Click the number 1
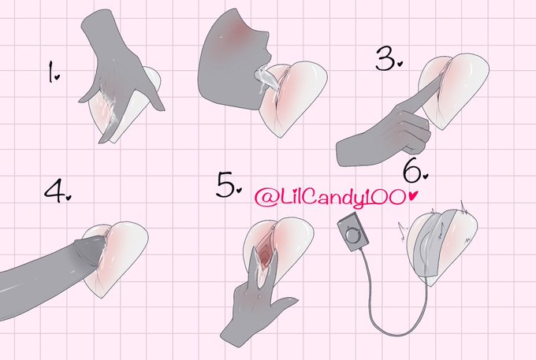[x=51, y=72]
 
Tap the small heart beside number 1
[x=57, y=77]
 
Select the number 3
[x=385, y=59]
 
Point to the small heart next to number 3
[x=400, y=63]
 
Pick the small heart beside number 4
[x=69, y=198]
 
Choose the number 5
[x=225, y=184]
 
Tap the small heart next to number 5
[x=239, y=190]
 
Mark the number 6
[x=412, y=171]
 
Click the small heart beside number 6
[x=425, y=176]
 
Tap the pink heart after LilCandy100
[x=413, y=195]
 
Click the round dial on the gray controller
[x=352, y=235]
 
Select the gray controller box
[x=353, y=232]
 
